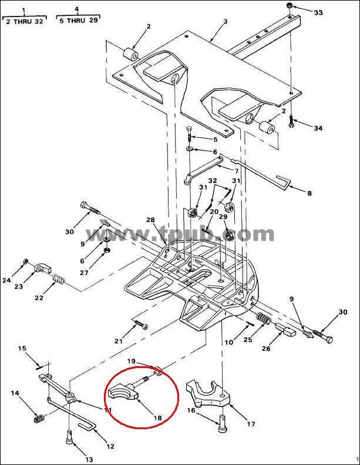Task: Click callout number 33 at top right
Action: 318,13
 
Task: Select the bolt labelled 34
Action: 291,122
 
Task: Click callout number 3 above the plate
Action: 225,21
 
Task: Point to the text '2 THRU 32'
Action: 24,22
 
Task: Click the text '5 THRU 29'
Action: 79,21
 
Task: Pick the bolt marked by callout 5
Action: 190,135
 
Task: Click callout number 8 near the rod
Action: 309,193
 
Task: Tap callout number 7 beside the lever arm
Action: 237,172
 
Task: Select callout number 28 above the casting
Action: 150,220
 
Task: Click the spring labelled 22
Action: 58,279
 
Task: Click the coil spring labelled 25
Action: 263,320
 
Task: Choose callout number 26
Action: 266,348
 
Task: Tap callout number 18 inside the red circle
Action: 157,418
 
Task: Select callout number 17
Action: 251,424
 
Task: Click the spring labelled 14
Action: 39,419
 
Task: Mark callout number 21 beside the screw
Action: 119,342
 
